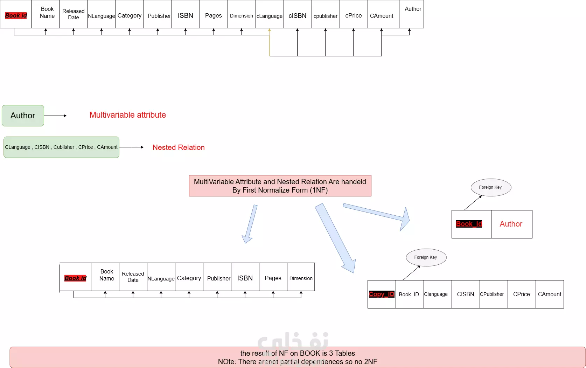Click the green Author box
tap(23, 116)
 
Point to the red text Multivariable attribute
tap(128, 115)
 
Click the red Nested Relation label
tap(179, 147)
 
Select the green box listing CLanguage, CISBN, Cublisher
tap(61, 147)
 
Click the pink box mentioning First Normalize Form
tap(280, 186)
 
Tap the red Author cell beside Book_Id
tap(511, 224)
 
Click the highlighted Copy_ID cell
tap(382, 294)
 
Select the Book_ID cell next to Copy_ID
tap(409, 294)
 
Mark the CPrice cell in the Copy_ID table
tap(522, 294)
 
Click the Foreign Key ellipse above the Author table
tap(491, 187)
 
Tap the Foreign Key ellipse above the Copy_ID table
tap(426, 257)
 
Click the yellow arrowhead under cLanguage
tap(269, 30)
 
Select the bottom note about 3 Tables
tap(298, 357)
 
